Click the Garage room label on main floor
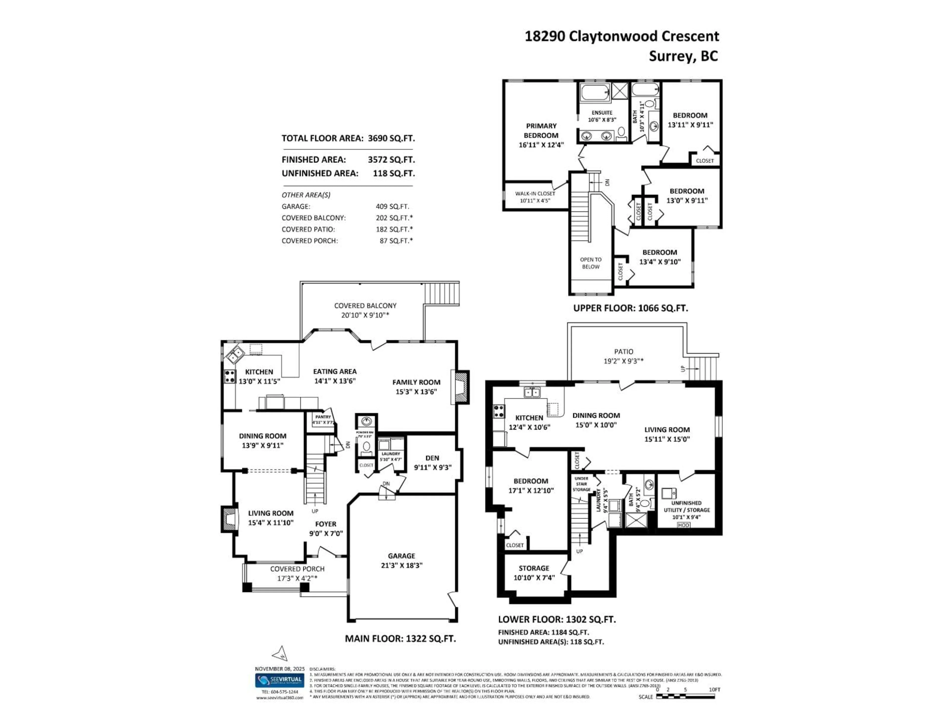pyautogui.click(x=402, y=556)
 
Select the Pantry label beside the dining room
pyautogui.click(x=323, y=417)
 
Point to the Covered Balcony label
pyautogui.click(x=365, y=306)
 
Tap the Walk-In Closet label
pyautogui.click(x=535, y=194)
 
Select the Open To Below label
pyautogui.click(x=591, y=263)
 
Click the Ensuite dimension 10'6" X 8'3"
pyautogui.click(x=602, y=120)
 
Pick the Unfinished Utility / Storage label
pyautogui.click(x=687, y=506)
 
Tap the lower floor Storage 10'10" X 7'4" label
pyautogui.click(x=534, y=568)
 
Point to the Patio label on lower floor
pyautogui.click(x=623, y=352)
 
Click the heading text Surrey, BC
pyautogui.click(x=683, y=56)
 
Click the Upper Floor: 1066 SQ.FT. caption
pyautogui.click(x=630, y=308)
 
